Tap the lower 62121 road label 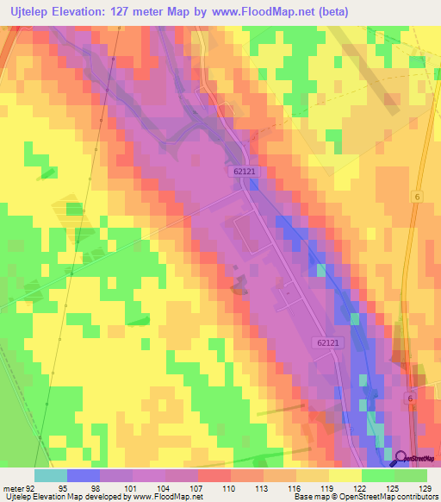click(x=326, y=343)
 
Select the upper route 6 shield click(x=416, y=197)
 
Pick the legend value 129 click(x=425, y=487)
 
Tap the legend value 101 click(x=129, y=487)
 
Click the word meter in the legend click(x=12, y=487)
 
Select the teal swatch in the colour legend click(x=51, y=475)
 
